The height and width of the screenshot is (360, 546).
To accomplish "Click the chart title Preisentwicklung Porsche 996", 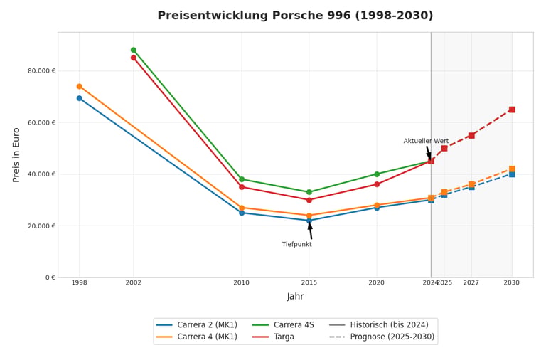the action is [295, 16].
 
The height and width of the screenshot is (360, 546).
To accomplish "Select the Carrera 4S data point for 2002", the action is [134, 51].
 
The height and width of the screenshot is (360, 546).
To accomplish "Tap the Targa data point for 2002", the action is [134, 58].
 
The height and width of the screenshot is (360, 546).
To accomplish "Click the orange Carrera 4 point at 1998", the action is [80, 86].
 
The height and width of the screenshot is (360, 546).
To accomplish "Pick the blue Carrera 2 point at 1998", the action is [80, 98].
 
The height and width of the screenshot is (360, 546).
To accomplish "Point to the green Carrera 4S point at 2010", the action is [242, 179].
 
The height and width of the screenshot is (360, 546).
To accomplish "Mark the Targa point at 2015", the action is [309, 200].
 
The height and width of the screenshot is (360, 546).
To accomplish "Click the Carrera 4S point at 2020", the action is [377, 174].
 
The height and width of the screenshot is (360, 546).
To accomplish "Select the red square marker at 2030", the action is [512, 110].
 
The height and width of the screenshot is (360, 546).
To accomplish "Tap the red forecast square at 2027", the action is [471, 136].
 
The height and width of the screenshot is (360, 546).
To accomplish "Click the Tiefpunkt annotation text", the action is [296, 244].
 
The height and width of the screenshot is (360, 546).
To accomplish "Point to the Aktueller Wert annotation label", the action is [426, 141].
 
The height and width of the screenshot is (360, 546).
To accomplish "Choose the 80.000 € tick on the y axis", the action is [41, 70].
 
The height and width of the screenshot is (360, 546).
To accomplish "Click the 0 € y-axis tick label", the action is [50, 277].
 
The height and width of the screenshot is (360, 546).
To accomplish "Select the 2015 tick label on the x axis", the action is [309, 282].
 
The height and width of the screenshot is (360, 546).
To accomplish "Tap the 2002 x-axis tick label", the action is [134, 282].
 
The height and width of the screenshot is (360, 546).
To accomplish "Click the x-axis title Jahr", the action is [295, 296].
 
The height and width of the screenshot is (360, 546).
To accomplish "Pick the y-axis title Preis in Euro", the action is [16, 155].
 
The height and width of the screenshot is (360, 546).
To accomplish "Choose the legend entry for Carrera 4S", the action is [282, 325].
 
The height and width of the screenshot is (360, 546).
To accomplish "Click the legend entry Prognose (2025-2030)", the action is [382, 337].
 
